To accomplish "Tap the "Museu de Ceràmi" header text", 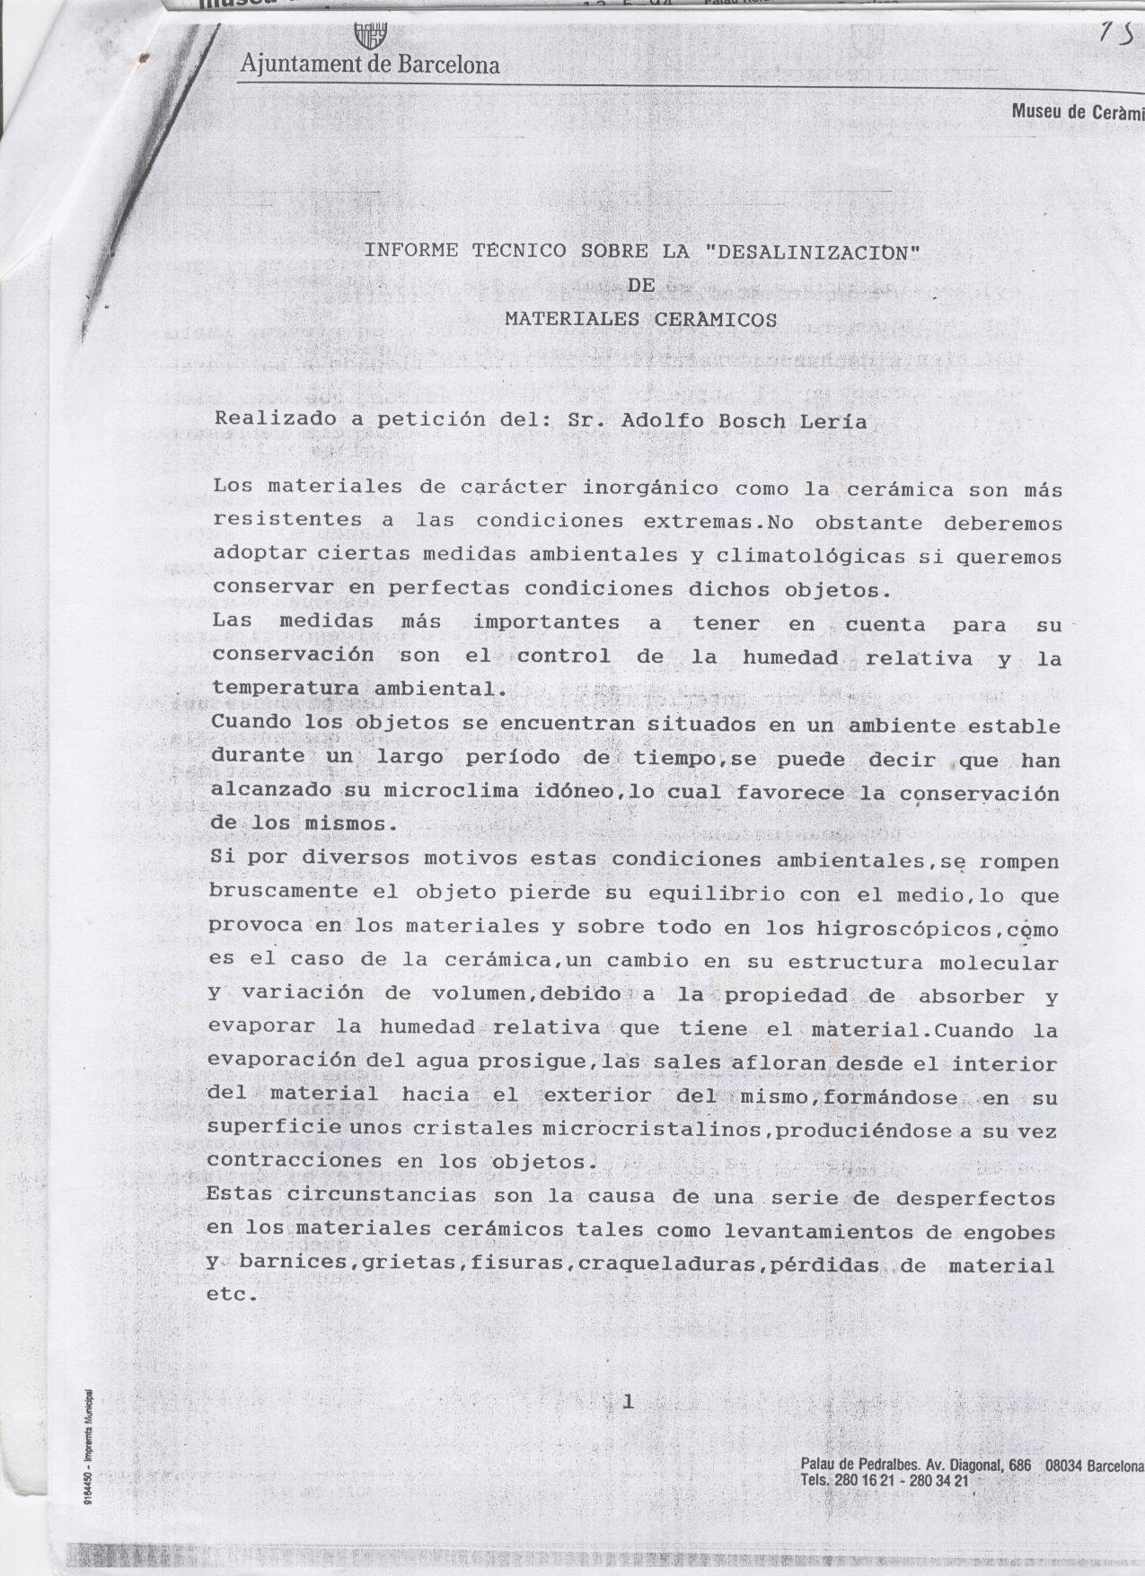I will click(x=1077, y=112).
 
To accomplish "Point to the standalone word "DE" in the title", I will click(x=641, y=286).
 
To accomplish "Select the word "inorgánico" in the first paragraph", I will click(x=650, y=489).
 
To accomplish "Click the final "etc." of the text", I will click(x=232, y=1296).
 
